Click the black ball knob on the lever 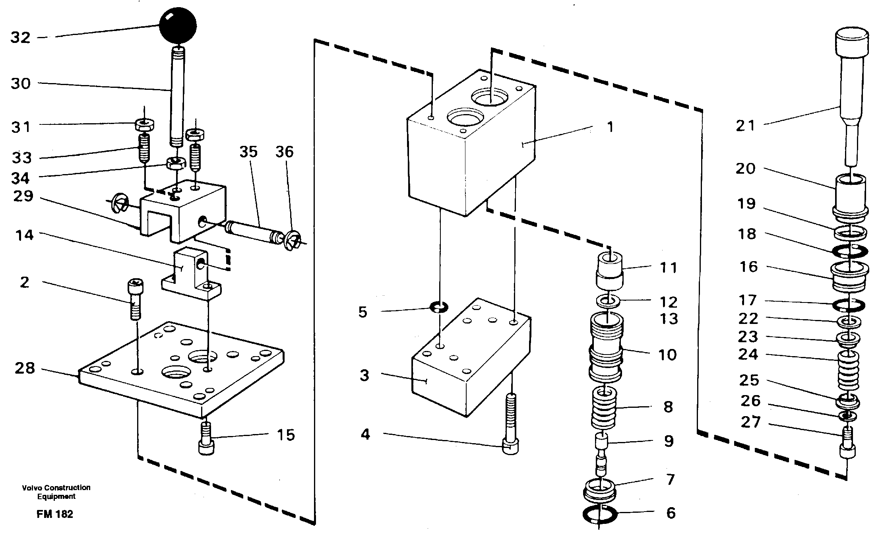coord(178,26)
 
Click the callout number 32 coord(21,38)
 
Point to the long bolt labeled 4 coord(511,425)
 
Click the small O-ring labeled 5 coord(439,307)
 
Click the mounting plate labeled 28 coord(181,378)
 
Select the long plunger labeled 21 coord(851,91)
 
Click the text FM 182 coord(55,514)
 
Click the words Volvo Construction coord(56,488)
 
